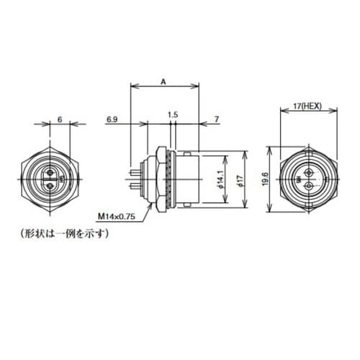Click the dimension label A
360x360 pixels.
(x=163, y=83)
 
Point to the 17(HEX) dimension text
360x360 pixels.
(x=308, y=106)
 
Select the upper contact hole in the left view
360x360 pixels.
(x=50, y=171)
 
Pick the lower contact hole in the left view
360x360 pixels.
(x=50, y=185)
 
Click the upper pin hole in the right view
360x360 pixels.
(x=307, y=173)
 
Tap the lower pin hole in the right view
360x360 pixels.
(x=307, y=186)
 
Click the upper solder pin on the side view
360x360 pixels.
(x=134, y=172)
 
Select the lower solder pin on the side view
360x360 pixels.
(x=134, y=186)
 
